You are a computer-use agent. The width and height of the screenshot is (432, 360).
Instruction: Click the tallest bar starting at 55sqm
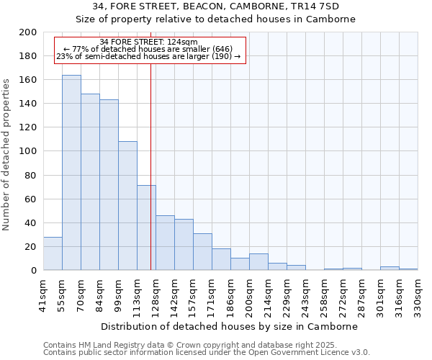click(x=71, y=173)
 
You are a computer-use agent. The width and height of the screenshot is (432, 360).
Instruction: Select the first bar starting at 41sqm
click(x=53, y=253)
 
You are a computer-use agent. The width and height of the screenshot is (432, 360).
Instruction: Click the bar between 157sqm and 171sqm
click(x=202, y=252)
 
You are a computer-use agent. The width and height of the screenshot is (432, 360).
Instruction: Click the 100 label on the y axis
click(x=28, y=152)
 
